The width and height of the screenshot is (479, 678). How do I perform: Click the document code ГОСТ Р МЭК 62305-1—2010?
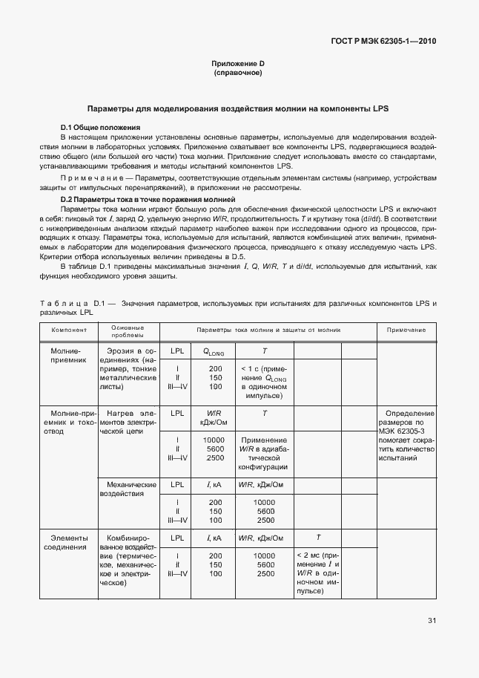(x=383, y=42)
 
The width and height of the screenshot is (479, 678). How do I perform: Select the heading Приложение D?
(x=238, y=65)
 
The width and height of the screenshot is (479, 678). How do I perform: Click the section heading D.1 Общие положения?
(x=100, y=128)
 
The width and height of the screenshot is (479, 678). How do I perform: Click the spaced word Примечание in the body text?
(x=88, y=179)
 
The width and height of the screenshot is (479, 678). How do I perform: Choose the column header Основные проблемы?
(x=128, y=330)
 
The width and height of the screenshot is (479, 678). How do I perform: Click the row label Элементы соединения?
(x=69, y=542)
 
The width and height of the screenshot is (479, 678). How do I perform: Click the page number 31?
(x=432, y=621)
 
